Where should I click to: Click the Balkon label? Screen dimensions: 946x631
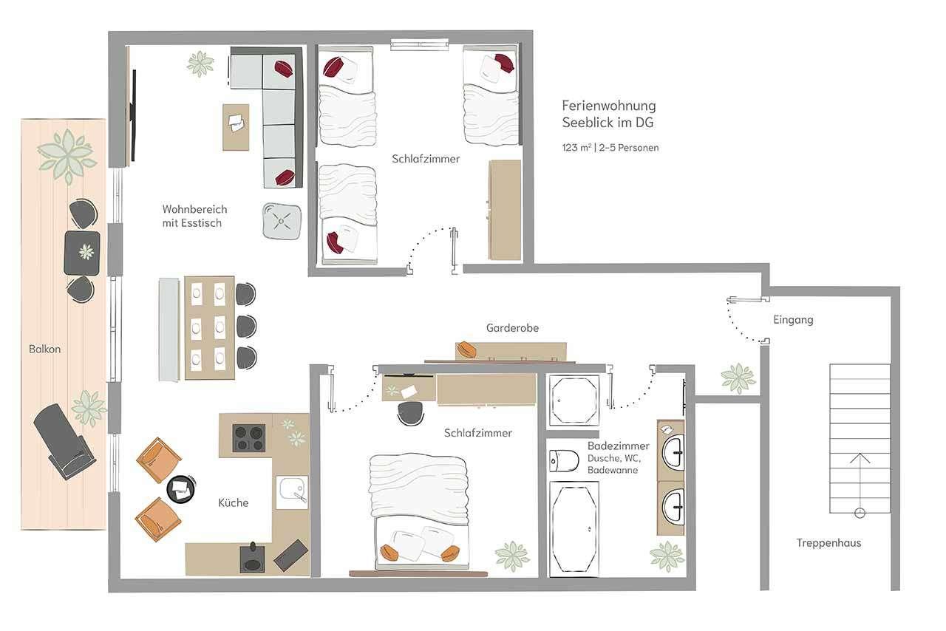click(45, 349)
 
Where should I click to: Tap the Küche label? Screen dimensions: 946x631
click(233, 502)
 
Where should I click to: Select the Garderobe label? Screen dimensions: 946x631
click(512, 328)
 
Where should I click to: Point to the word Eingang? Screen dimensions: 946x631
click(793, 320)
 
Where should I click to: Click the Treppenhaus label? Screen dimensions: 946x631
click(828, 543)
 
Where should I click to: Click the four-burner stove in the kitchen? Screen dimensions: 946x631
click(249, 437)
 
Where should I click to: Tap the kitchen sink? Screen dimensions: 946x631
click(292, 493)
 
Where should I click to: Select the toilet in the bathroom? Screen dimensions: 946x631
click(564, 460)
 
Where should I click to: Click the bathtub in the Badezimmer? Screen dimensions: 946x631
click(574, 529)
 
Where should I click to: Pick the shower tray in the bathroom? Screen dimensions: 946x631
click(574, 400)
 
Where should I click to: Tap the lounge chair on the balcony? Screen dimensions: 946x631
click(64, 441)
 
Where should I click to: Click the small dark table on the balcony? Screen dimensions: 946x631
click(82, 253)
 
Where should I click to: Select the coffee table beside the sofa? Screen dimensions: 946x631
click(236, 127)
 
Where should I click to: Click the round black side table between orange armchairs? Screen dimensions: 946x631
click(181, 488)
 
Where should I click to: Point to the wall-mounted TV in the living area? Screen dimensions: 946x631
click(134, 115)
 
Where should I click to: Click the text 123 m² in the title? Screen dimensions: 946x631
click(576, 148)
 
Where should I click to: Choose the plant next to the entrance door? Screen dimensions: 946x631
click(738, 378)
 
